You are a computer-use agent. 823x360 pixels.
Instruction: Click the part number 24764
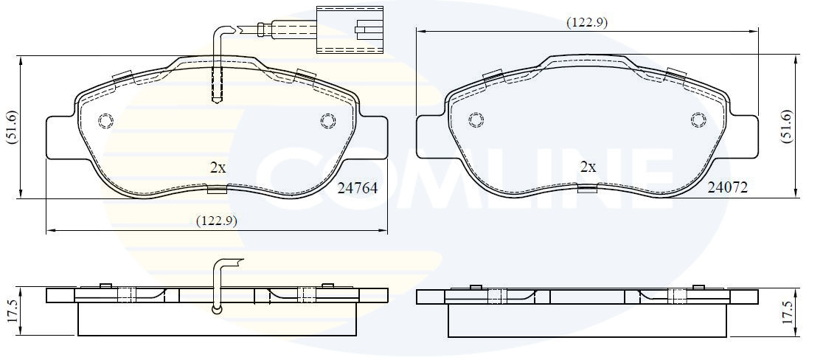(358, 188)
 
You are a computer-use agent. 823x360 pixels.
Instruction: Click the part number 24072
(727, 187)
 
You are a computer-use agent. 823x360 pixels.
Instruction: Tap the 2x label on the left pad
(218, 167)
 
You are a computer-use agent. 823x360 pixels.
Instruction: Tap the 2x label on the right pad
(588, 167)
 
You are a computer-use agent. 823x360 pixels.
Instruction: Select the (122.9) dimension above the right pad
(587, 22)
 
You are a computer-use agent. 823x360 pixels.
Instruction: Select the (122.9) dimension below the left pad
(217, 221)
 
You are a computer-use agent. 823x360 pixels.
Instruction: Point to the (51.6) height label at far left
(12, 126)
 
